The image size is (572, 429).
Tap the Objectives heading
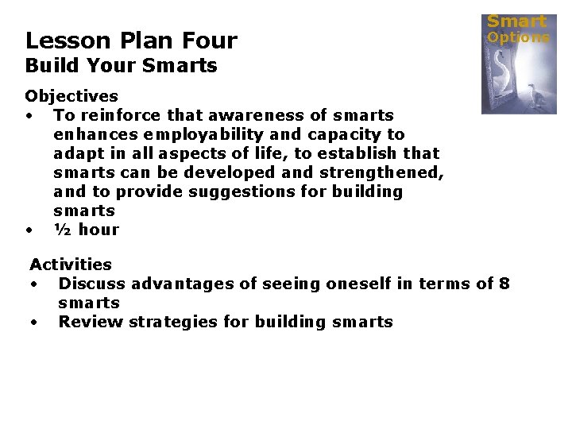point(71,96)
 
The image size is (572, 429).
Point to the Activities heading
point(71,264)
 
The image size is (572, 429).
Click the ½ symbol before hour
point(63,230)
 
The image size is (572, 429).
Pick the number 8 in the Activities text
point(505,284)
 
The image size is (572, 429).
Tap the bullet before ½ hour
point(29,230)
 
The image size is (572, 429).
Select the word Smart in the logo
point(516,21)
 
